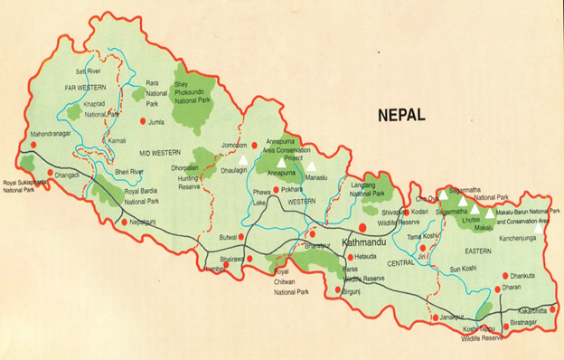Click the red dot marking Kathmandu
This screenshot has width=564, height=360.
(362, 227)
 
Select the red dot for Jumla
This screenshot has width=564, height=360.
(143, 120)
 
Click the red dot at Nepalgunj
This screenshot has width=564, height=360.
(125, 222)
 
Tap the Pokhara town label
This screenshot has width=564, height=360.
(290, 192)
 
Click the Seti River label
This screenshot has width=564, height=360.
(89, 71)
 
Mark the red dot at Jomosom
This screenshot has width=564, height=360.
(256, 143)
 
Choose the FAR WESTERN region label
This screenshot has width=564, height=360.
(85, 87)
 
